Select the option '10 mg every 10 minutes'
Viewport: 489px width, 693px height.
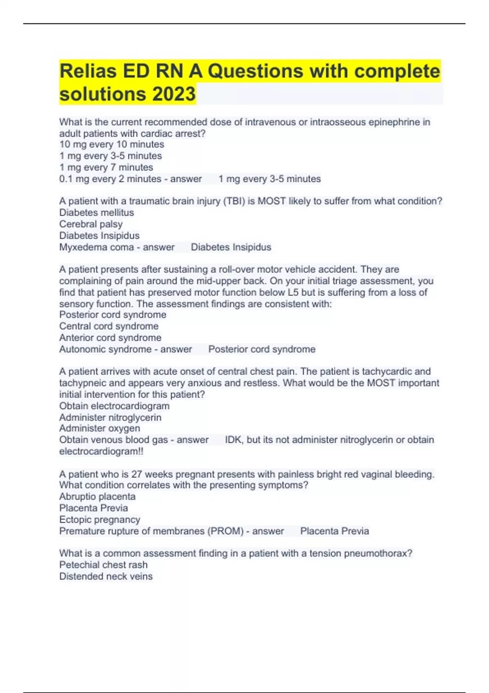[x=112, y=144]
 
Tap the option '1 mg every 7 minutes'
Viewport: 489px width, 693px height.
[x=106, y=167]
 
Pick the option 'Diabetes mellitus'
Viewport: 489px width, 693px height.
[x=97, y=212]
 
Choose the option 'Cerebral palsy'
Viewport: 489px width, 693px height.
[x=91, y=224]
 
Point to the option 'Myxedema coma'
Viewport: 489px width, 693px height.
[x=97, y=247]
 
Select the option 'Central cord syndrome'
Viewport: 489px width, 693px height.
[x=109, y=326]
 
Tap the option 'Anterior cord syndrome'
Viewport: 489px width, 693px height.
[x=110, y=338]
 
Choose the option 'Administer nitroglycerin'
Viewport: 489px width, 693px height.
[x=110, y=417]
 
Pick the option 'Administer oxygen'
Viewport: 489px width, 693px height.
[x=99, y=428]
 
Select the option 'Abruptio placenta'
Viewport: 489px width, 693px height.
[x=97, y=497]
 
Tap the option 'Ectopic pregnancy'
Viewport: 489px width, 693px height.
[x=99, y=519]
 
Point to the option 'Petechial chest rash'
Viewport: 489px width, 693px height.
[x=103, y=565]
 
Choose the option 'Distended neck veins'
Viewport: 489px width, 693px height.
[x=106, y=576]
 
